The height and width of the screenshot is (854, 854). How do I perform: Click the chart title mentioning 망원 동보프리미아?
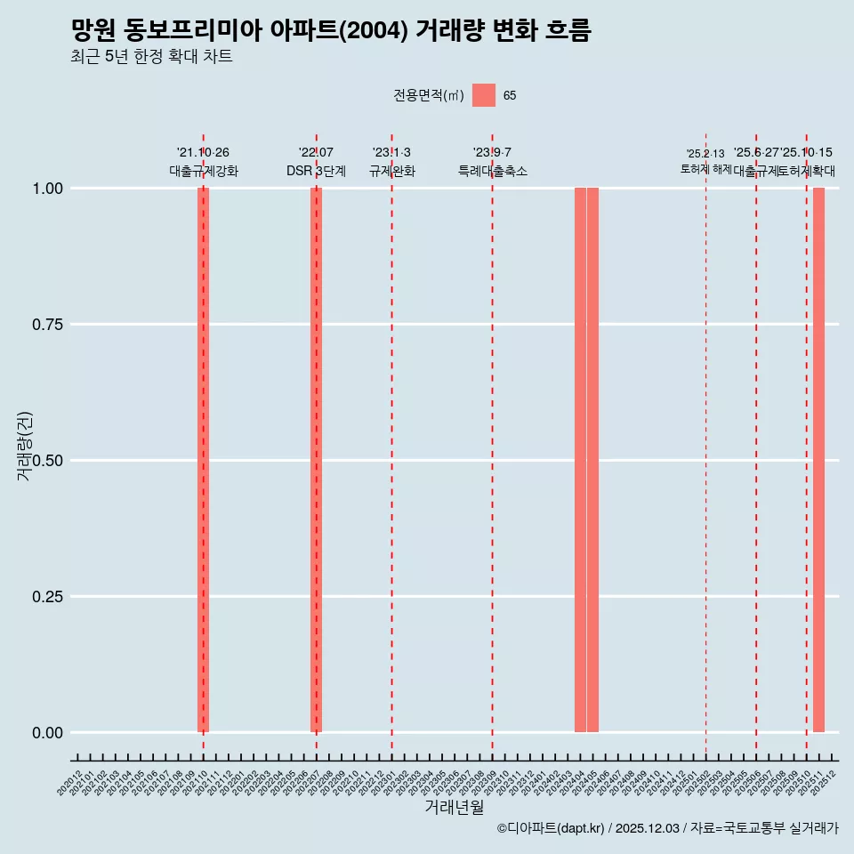pyautogui.click(x=331, y=30)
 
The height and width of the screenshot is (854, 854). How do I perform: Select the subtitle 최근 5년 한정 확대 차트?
pyautogui.click(x=151, y=57)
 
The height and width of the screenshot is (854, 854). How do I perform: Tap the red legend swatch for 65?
pyautogui.click(x=483, y=95)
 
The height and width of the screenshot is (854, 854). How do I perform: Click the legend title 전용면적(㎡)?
pyautogui.click(x=428, y=95)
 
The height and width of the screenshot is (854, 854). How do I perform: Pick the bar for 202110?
pyautogui.click(x=203, y=460)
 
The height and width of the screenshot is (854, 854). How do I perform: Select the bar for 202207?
pyautogui.click(x=316, y=460)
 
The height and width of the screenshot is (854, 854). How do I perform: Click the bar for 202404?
pyautogui.click(x=580, y=460)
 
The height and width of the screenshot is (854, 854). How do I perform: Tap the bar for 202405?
pyautogui.click(x=592, y=460)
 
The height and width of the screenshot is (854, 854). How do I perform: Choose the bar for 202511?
pyautogui.click(x=818, y=460)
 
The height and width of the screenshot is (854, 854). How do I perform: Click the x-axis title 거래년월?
pyautogui.click(x=455, y=807)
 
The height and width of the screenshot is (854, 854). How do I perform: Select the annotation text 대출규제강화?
pyautogui.click(x=204, y=171)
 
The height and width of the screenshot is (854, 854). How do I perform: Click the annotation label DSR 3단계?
pyautogui.click(x=316, y=171)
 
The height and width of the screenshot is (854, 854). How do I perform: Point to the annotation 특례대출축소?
pyautogui.click(x=493, y=171)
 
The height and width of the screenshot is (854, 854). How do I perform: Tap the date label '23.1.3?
pyautogui.click(x=391, y=153)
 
